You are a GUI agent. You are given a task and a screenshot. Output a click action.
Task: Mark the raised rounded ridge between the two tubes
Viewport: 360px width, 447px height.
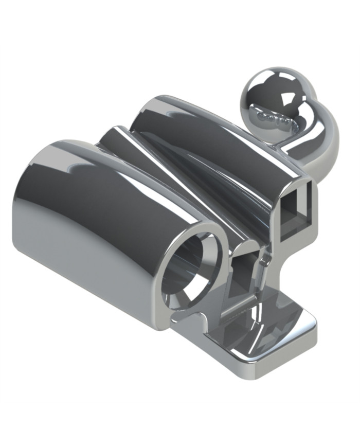point(170,170)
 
